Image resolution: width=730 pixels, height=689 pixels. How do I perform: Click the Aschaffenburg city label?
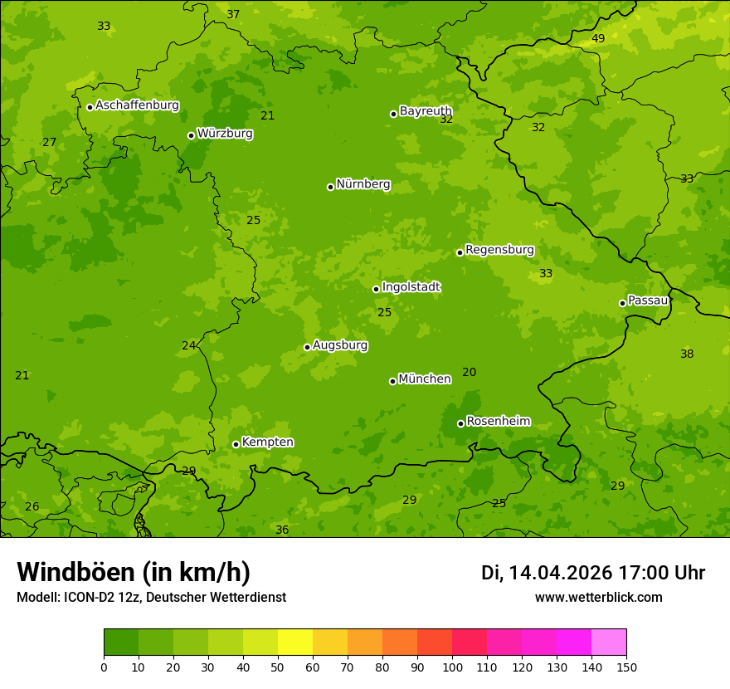click(x=137, y=105)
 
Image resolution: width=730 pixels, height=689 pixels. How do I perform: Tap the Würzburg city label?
click(x=225, y=134)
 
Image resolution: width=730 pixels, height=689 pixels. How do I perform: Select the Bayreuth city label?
click(x=426, y=111)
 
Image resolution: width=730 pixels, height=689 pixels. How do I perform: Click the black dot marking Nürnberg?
click(x=330, y=187)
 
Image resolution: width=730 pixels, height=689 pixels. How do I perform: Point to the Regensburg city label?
click(x=499, y=250)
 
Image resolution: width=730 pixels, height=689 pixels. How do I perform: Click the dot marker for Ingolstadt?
click(x=376, y=289)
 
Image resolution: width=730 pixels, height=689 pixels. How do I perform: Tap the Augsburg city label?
click(x=340, y=345)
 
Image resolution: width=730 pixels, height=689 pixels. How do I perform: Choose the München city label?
click(x=425, y=379)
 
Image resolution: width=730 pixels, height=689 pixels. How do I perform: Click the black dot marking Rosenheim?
click(x=460, y=423)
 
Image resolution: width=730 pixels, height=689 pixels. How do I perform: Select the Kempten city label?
click(x=267, y=442)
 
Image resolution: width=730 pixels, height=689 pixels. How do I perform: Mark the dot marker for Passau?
click(x=622, y=303)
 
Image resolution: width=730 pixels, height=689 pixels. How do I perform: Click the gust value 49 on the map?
click(x=598, y=39)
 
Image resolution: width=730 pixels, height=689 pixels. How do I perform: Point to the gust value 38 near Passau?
click(x=687, y=354)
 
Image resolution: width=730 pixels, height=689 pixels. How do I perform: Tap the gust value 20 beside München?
click(x=470, y=373)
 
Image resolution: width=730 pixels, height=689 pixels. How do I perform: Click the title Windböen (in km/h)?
click(x=134, y=572)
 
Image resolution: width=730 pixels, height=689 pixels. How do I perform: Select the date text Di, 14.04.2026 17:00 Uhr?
click(x=593, y=573)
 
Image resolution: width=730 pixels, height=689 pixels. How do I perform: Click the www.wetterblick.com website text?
click(x=598, y=598)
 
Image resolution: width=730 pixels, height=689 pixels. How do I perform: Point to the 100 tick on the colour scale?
click(x=452, y=667)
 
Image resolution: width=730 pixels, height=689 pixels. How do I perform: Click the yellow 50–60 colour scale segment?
click(x=295, y=643)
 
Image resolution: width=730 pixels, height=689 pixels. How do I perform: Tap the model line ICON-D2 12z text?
click(x=151, y=598)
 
